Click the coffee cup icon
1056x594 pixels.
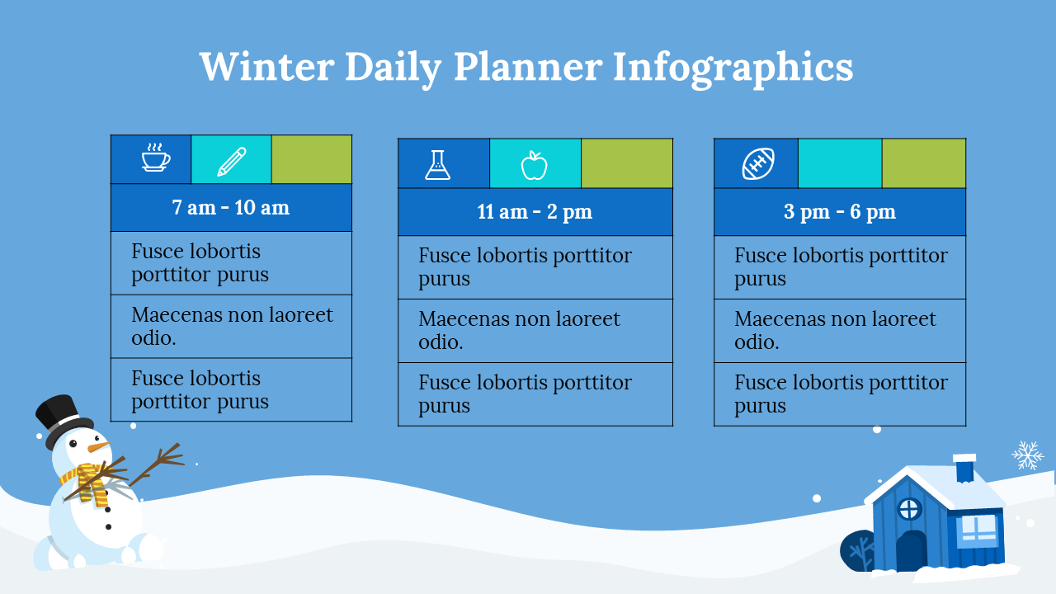tap(156, 157)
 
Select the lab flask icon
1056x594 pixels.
tap(437, 165)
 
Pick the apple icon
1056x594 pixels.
tap(534, 166)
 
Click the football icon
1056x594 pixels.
tap(758, 163)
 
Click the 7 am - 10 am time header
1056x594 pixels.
tap(231, 207)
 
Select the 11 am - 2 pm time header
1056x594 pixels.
tap(535, 212)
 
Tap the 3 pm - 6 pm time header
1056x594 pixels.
tap(840, 212)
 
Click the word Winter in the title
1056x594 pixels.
tap(267, 67)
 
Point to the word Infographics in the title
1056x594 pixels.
tap(733, 69)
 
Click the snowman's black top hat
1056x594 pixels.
tap(63, 421)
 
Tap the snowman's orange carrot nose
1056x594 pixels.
tap(98, 446)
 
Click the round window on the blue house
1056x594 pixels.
tap(909, 509)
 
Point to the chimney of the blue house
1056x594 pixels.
tap(964, 468)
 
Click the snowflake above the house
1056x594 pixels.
tap(1028, 455)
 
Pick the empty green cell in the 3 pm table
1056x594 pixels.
tap(923, 163)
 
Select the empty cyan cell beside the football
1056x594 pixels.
tap(840, 163)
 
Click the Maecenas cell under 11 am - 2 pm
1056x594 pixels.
tap(535, 331)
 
